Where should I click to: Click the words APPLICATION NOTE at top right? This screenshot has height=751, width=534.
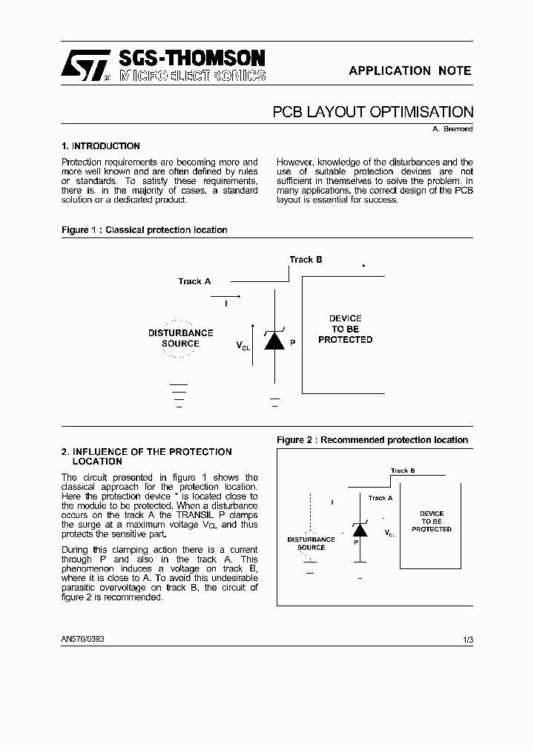pyautogui.click(x=409, y=70)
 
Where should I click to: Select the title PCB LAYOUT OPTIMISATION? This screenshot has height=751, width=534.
pyautogui.click(x=372, y=112)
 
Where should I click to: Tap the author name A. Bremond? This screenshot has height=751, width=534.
pyautogui.click(x=452, y=129)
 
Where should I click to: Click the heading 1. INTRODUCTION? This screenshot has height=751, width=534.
pyautogui.click(x=101, y=146)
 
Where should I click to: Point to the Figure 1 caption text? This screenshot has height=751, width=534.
pyautogui.click(x=144, y=230)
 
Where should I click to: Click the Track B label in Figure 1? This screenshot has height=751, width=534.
pyautogui.click(x=306, y=260)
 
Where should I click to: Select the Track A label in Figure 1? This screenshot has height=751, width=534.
pyautogui.click(x=194, y=281)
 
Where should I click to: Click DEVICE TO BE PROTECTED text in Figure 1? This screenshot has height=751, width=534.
pyautogui.click(x=345, y=329)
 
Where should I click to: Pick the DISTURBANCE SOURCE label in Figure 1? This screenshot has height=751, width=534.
pyautogui.click(x=180, y=338)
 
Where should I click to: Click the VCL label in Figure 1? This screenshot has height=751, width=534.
pyautogui.click(x=243, y=346)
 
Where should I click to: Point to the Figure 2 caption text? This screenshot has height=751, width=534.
pyautogui.click(x=372, y=440)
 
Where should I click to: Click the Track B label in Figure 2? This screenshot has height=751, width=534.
pyautogui.click(x=402, y=470)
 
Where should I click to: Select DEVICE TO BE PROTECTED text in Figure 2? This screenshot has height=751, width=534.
pyautogui.click(x=432, y=521)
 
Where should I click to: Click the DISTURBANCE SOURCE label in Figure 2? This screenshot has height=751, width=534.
pyautogui.click(x=311, y=543)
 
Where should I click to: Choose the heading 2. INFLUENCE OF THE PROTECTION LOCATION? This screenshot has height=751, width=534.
pyautogui.click(x=146, y=456)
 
